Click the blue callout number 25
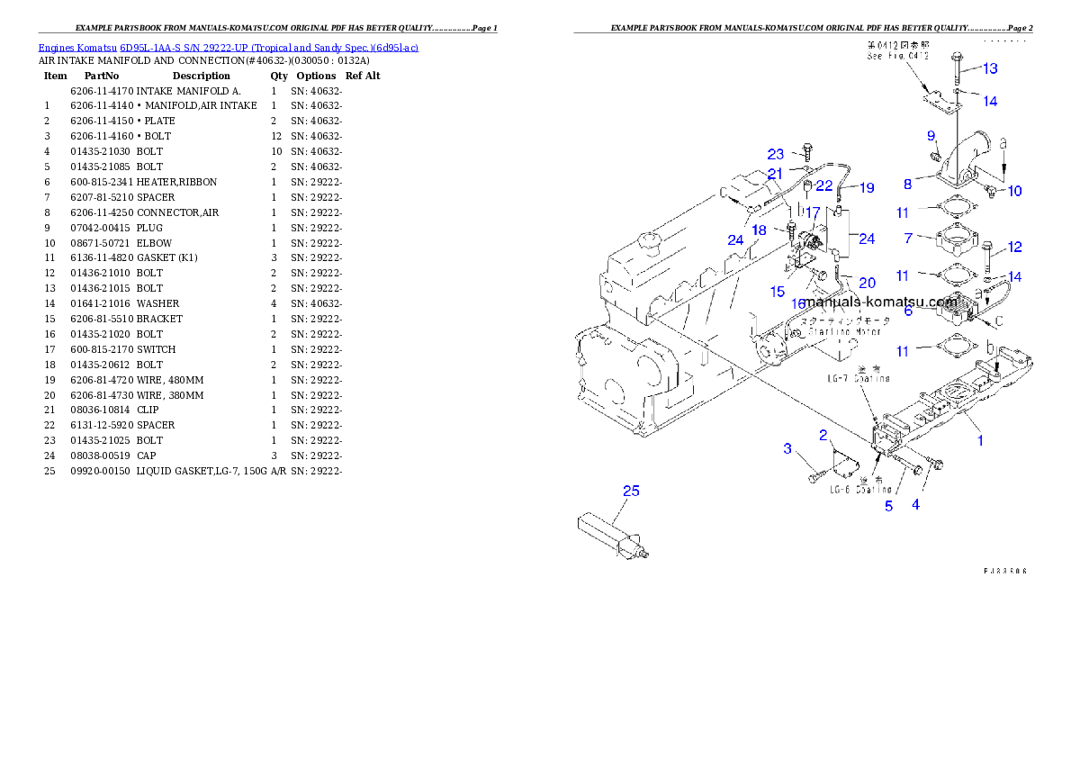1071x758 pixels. (x=631, y=491)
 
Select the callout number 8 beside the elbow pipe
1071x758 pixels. (x=907, y=184)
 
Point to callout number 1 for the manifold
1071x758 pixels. (x=980, y=440)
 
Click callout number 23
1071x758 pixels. (x=776, y=154)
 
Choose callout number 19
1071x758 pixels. (x=866, y=188)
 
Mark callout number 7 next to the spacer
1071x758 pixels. (x=909, y=238)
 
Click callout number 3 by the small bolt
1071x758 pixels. (x=787, y=448)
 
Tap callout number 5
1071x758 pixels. (x=888, y=506)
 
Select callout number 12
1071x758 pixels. (x=1014, y=247)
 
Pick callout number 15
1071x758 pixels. (x=778, y=292)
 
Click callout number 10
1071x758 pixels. (x=1014, y=191)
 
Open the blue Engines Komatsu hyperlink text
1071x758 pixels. (x=228, y=47)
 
